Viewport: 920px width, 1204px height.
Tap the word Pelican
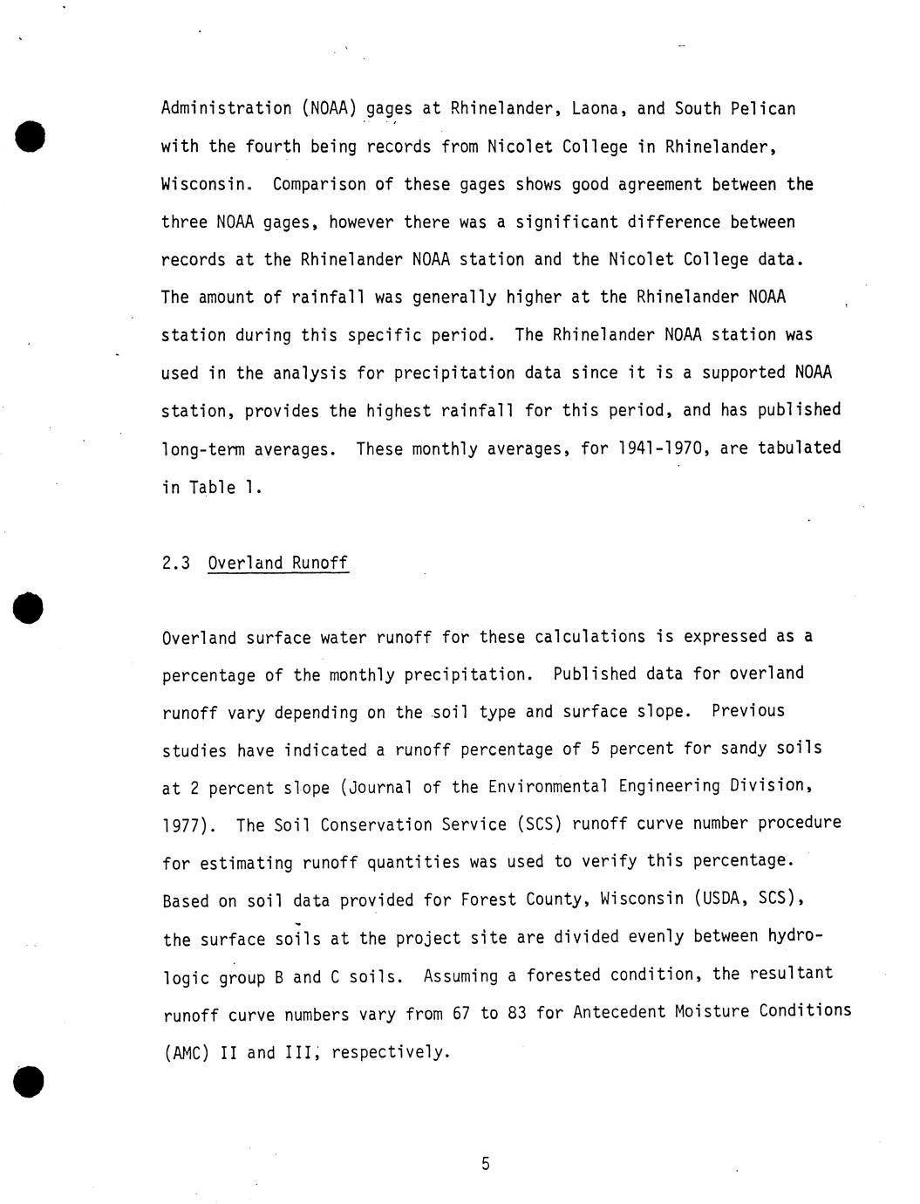(x=762, y=109)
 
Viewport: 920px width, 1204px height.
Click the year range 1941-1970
(x=658, y=448)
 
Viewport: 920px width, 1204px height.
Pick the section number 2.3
(x=176, y=563)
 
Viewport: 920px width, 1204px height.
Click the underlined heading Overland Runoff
(x=278, y=563)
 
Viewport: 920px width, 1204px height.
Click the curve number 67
(x=461, y=1015)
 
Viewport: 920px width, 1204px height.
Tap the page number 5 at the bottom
(x=486, y=1163)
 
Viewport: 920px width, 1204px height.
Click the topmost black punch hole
(x=30, y=138)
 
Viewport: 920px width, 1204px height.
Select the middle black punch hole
(x=30, y=608)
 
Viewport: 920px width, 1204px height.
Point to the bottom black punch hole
(x=30, y=1081)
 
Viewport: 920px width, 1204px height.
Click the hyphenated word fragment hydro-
(x=794, y=936)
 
